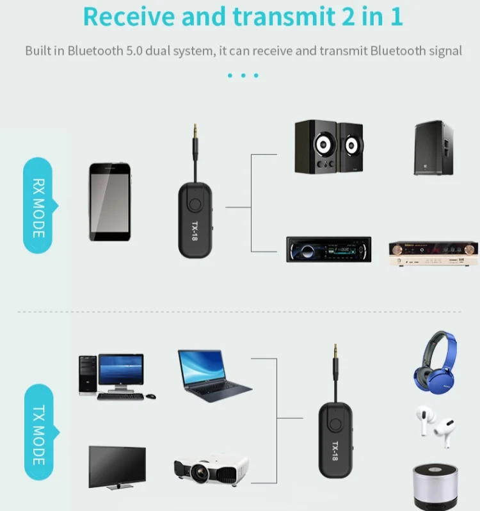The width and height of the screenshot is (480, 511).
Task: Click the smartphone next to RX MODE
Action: coord(109,202)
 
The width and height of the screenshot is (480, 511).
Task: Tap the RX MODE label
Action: coord(38,206)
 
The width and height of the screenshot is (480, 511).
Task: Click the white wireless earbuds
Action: coord(435,426)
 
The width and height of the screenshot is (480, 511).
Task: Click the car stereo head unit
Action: coord(328,249)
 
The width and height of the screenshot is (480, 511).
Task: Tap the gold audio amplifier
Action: coord(433,254)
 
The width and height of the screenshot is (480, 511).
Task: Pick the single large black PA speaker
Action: coord(433,148)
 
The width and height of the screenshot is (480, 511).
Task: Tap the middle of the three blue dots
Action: coord(243,76)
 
